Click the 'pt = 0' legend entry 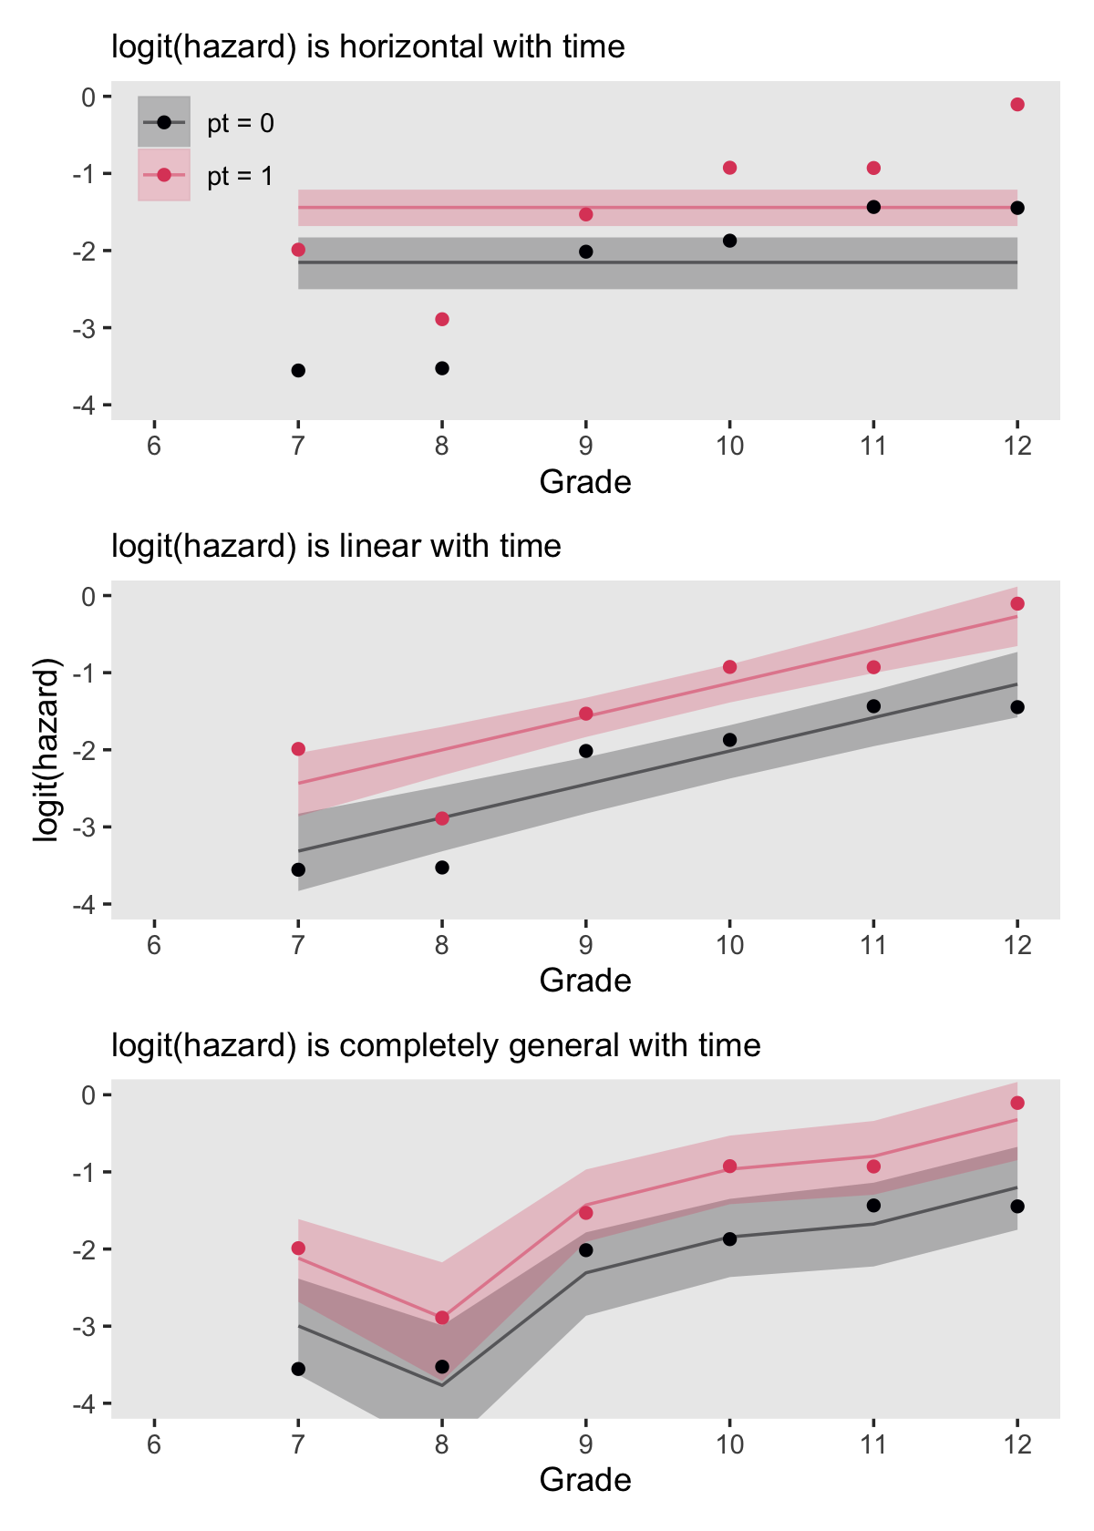(x=240, y=123)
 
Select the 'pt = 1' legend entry (x=240, y=176)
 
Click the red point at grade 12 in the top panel (x=1017, y=105)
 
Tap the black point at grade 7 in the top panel (x=298, y=371)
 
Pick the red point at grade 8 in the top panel (x=442, y=319)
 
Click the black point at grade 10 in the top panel (x=729, y=241)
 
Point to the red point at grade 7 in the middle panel (x=298, y=749)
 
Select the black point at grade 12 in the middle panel (x=1017, y=707)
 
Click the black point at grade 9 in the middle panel (x=586, y=751)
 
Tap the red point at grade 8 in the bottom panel (x=442, y=1318)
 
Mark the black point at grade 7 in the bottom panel (x=298, y=1369)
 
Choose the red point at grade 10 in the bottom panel (x=729, y=1166)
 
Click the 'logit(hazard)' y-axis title (x=46, y=749)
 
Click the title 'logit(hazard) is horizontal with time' (x=368, y=46)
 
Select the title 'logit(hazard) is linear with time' (x=336, y=546)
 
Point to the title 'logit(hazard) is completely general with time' (x=436, y=1045)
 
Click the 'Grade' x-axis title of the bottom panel (x=585, y=1479)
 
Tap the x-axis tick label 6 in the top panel (x=154, y=447)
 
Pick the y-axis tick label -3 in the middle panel (x=87, y=827)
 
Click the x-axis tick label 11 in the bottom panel (x=873, y=1444)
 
